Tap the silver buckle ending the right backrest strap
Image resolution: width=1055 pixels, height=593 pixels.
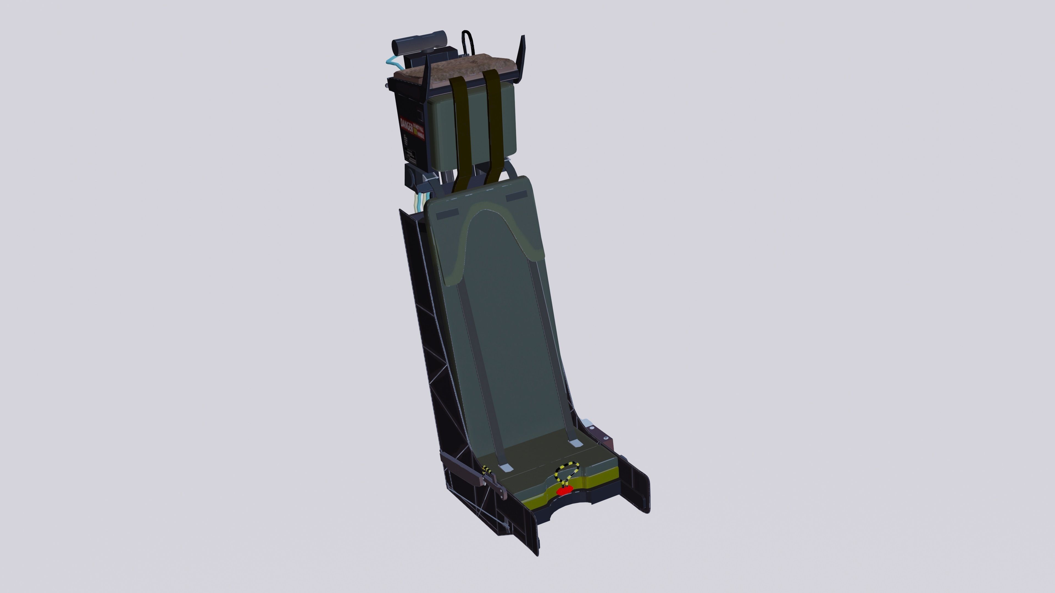[x=576, y=443]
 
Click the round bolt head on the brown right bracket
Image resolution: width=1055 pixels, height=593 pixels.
[x=606, y=439]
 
